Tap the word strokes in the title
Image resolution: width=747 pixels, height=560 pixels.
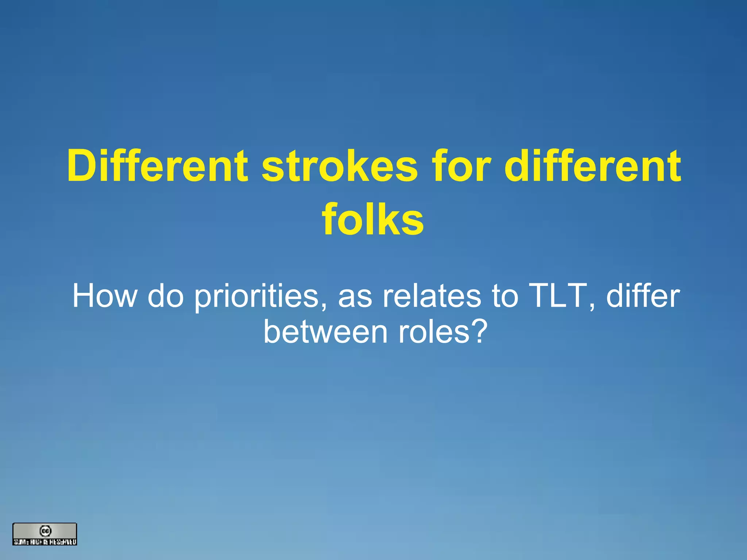coord(340,167)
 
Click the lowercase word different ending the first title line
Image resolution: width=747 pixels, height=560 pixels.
coord(593,167)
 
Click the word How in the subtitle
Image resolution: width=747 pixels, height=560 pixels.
coord(105,296)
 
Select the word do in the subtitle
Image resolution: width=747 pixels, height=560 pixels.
coord(165,296)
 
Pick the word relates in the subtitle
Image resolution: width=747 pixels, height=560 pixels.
coord(432,296)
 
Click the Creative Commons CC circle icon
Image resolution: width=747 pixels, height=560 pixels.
coord(45,531)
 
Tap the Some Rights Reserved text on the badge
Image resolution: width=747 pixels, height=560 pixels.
coord(45,542)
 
